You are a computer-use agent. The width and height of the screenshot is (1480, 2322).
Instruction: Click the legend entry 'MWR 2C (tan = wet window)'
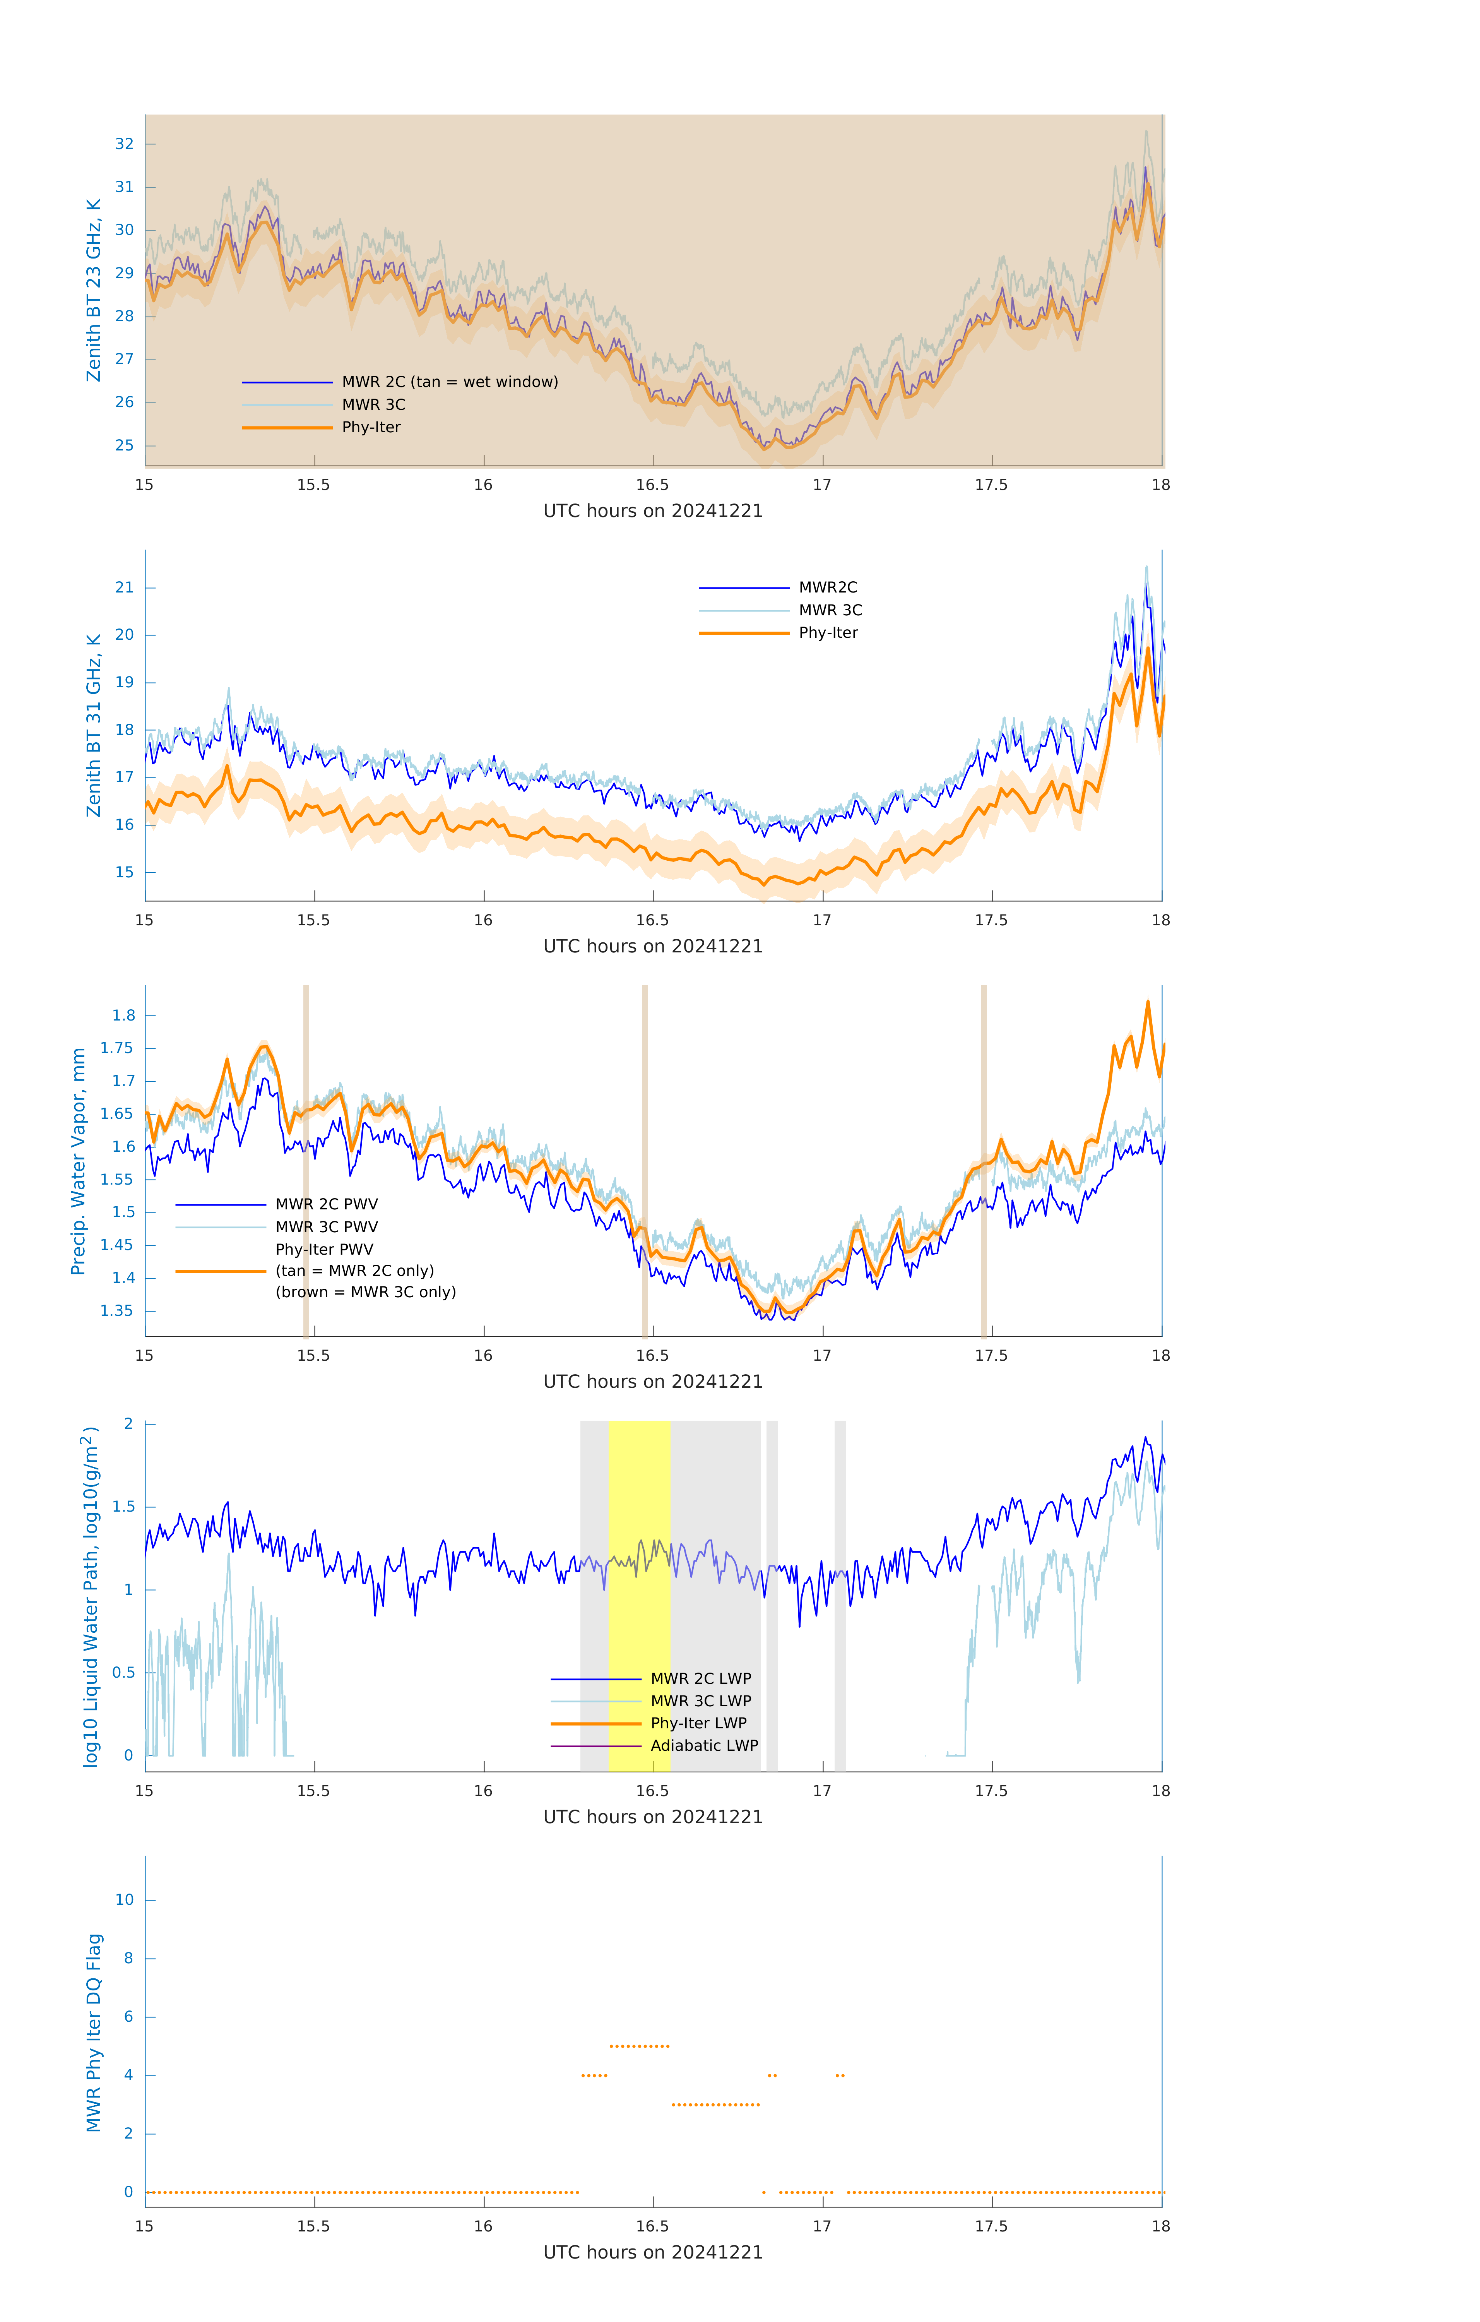[x=449, y=382]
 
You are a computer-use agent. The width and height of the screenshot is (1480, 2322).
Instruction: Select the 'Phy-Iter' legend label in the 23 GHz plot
[x=371, y=427]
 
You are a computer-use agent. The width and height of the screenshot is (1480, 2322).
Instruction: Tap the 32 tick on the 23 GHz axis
[x=124, y=144]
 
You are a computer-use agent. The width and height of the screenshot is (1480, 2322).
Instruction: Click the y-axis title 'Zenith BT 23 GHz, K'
[x=94, y=290]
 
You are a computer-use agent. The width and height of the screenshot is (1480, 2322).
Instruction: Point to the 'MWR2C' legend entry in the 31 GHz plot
[x=827, y=587]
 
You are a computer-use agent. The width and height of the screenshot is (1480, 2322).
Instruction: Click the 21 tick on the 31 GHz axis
[x=124, y=587]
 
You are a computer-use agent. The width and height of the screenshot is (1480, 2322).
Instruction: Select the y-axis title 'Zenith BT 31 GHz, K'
[x=94, y=725]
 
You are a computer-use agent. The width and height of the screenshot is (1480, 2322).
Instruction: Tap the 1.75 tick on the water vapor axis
[x=118, y=1048]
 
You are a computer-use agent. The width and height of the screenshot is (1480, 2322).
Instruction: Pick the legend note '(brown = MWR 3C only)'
[x=365, y=1292]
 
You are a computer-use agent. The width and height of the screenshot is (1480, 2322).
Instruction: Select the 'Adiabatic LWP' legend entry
[x=704, y=1745]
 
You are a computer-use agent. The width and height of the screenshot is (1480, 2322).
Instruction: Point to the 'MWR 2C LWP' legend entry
[x=700, y=1679]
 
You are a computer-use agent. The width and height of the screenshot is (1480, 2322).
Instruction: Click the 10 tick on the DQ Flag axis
[x=124, y=1900]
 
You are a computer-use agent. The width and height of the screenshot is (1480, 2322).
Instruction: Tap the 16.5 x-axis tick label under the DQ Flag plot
[x=652, y=2226]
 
